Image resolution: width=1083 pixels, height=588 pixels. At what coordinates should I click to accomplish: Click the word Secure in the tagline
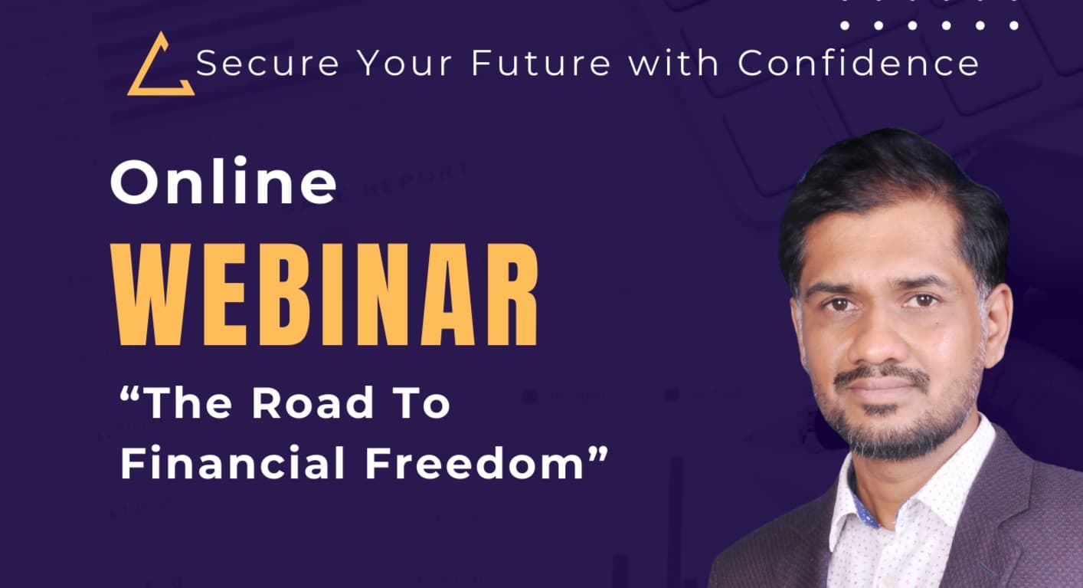267,63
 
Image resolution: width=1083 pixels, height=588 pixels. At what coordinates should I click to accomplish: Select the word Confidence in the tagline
858,63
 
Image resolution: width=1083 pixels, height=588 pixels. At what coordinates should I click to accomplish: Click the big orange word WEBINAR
326,294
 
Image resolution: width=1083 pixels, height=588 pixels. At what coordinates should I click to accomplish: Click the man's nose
881,337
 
